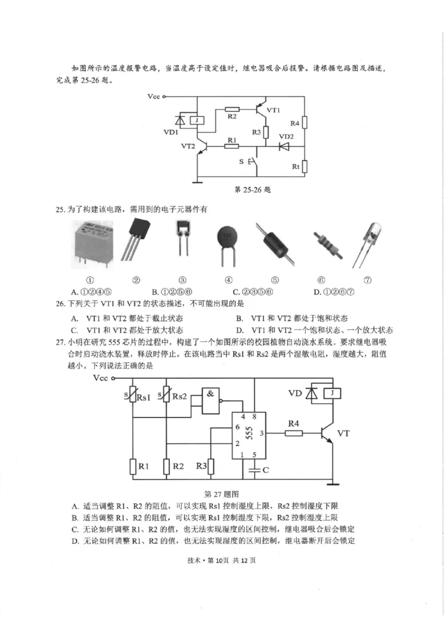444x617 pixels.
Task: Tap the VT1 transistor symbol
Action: (259, 111)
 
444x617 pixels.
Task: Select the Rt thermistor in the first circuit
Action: (305, 166)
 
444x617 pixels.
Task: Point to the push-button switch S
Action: (253, 162)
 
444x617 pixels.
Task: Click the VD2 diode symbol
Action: (285, 147)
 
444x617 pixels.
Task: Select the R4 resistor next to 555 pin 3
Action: (294, 432)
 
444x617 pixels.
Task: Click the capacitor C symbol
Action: (255, 470)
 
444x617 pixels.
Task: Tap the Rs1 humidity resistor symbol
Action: (133, 396)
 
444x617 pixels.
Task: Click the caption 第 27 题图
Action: (221, 494)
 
